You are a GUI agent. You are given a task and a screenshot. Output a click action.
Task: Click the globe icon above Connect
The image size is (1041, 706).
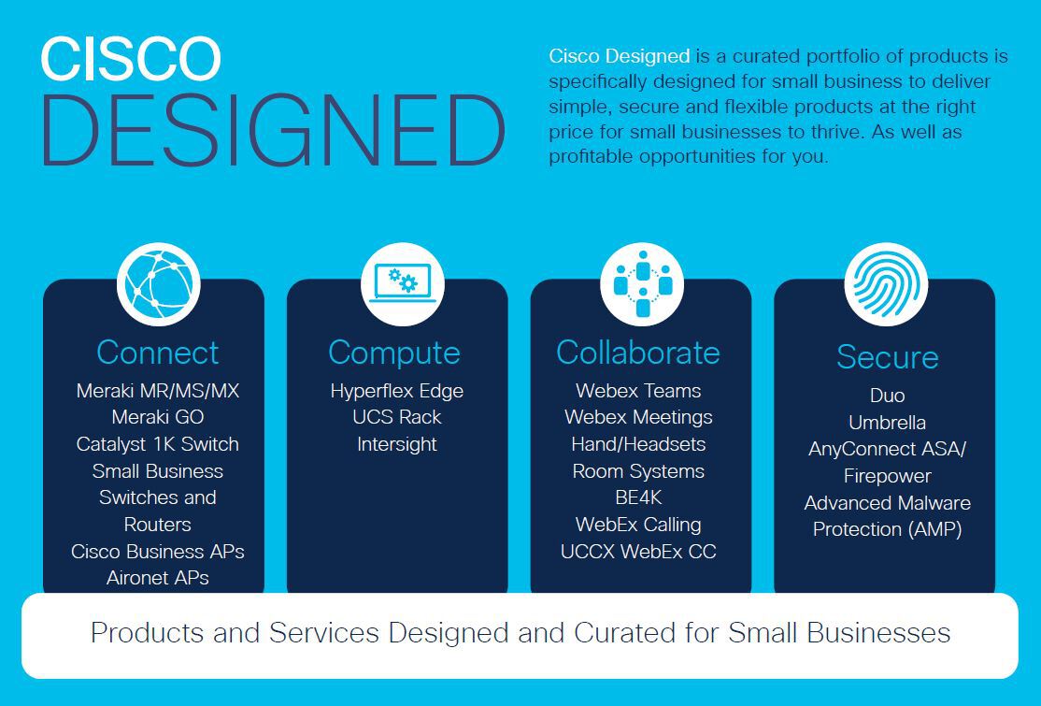pos(158,284)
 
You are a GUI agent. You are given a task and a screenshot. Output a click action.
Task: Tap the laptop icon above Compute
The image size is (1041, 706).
pos(403,284)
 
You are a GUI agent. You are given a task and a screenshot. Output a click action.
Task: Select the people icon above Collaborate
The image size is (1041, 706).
pos(642,284)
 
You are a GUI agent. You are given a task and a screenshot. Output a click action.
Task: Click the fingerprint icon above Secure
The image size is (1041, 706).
pos(886,284)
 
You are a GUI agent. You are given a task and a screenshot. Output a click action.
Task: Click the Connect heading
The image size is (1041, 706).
pos(157,353)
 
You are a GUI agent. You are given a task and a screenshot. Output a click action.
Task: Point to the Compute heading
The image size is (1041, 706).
pos(394,353)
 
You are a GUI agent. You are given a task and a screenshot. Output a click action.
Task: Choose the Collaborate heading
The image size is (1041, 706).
pos(638,353)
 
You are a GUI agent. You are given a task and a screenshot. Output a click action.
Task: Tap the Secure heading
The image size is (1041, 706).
pos(888,357)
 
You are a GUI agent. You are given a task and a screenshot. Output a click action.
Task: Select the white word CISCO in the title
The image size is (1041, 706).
pos(131,59)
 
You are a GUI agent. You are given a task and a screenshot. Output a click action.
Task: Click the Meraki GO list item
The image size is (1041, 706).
pos(158,417)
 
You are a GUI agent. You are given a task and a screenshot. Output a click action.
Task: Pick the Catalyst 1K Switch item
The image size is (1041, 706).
pos(158,444)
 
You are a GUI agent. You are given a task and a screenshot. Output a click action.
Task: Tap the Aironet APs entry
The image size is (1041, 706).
pos(158,578)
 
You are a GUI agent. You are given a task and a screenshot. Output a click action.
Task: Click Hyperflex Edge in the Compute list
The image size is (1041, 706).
pos(397,391)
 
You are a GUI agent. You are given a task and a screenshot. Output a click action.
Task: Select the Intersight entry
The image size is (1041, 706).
pos(397,444)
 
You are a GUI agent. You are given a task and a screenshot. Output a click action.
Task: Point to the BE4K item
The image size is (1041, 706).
pos(638,497)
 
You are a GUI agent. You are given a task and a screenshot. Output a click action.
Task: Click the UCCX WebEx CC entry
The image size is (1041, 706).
pos(638,552)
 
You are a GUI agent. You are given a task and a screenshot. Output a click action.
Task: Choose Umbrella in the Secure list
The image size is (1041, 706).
pos(888,423)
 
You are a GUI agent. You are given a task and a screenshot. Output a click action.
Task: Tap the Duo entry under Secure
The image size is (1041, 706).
pos(888,396)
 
